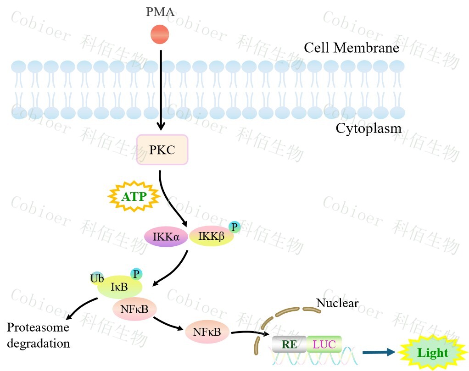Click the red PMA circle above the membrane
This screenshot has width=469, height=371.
click(160, 34)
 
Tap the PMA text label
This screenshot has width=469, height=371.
click(160, 12)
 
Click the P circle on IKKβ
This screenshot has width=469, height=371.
click(234, 227)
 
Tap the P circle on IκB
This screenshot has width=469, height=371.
click(136, 274)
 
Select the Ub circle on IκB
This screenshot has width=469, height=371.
click(97, 278)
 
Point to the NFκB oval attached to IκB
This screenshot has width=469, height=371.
click(134, 310)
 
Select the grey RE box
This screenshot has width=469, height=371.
click(289, 344)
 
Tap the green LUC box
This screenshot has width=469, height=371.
click(324, 343)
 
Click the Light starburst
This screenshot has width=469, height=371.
click(432, 353)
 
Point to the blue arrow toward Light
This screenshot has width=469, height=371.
click(378, 352)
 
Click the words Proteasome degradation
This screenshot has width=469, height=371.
click(38, 335)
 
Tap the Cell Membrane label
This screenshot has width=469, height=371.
click(352, 48)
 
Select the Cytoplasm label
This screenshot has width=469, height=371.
click(368, 128)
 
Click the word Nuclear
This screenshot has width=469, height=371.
click(337, 303)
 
